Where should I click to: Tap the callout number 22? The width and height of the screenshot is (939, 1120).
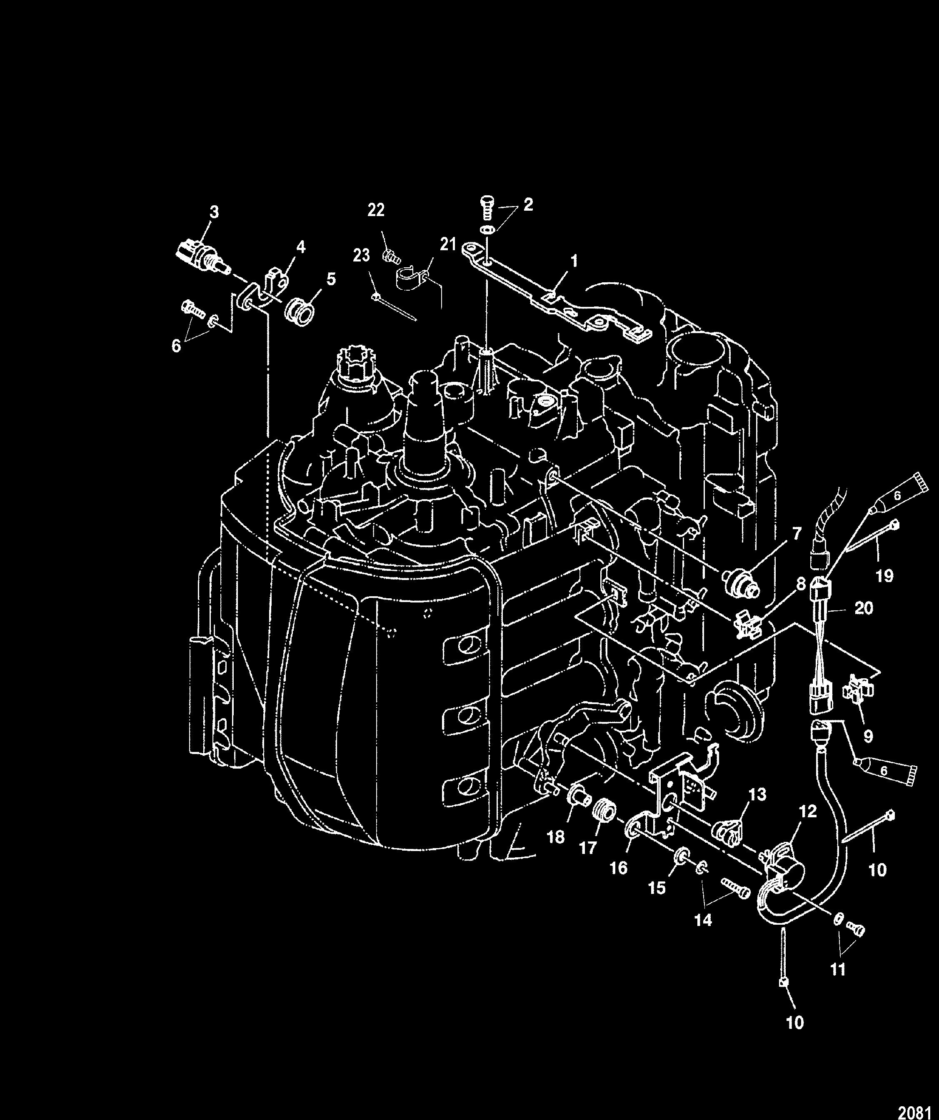point(376,210)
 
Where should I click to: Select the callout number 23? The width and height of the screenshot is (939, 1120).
point(361,256)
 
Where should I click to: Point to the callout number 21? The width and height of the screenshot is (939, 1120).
point(448,244)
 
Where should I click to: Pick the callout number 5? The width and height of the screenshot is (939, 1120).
point(331,279)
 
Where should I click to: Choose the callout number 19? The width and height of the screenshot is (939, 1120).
point(884,575)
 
